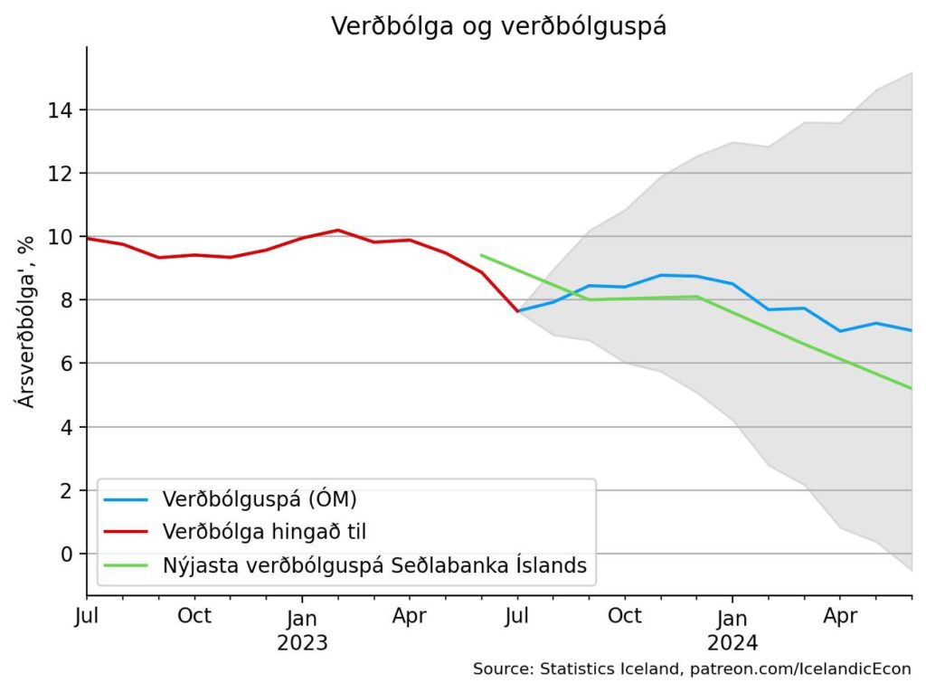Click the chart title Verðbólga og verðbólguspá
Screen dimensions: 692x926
click(x=498, y=26)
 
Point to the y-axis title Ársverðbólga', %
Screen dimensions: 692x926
click(x=27, y=321)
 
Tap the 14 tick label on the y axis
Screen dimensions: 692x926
click(x=61, y=109)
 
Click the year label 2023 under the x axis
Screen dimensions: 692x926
click(x=302, y=643)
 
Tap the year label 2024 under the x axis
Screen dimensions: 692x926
click(x=732, y=643)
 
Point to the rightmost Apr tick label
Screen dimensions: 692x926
click(x=840, y=617)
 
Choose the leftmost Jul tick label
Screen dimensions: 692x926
click(x=88, y=617)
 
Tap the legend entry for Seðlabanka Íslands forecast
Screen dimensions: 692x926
click(x=374, y=565)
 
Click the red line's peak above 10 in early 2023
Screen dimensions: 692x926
click(x=337, y=230)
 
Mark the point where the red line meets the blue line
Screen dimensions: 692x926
click(x=517, y=311)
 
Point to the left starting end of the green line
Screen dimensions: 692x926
click(x=480, y=255)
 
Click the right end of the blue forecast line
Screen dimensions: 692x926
click(x=911, y=330)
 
